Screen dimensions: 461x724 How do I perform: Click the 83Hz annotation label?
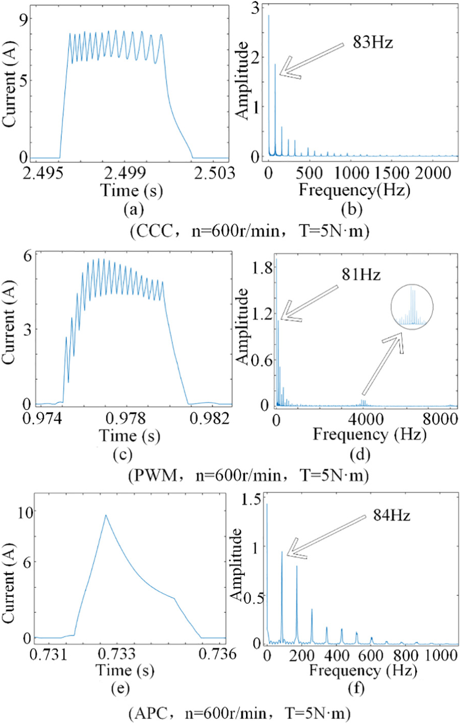(x=373, y=42)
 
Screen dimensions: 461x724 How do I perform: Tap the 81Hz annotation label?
(x=361, y=274)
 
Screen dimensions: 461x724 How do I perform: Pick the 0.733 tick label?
(x=116, y=654)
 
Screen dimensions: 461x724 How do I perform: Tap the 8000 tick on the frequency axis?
(x=441, y=419)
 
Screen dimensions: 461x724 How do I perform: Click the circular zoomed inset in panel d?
(x=412, y=285)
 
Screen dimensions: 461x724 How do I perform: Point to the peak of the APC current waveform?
(x=105, y=515)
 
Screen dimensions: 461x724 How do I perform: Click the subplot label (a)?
(x=133, y=209)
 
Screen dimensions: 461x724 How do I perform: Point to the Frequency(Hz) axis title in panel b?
(x=354, y=190)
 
